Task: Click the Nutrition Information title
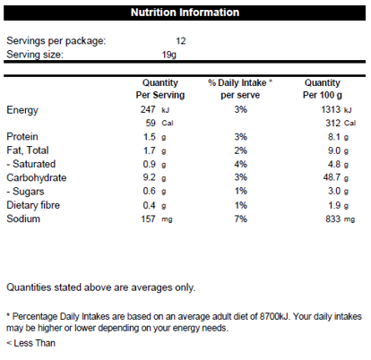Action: coord(185,13)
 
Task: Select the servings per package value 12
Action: coord(181,41)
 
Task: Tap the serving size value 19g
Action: coord(169,55)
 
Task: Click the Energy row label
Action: coord(22,110)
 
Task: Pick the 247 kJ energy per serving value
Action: coord(155,109)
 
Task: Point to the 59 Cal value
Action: coord(160,123)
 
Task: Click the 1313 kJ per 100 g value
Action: coord(336,109)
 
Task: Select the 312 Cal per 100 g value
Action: coord(341,123)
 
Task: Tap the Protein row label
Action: coord(22,137)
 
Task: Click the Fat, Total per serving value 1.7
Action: coord(150,150)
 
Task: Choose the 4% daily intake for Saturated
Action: coord(241,164)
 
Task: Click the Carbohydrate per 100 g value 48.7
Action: coord(332,177)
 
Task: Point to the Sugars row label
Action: coord(25,192)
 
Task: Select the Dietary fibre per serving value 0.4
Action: coord(150,205)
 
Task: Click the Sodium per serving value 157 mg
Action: coord(157,219)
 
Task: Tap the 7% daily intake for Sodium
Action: coord(241,219)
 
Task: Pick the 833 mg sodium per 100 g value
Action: coord(341,219)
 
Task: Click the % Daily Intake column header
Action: coord(240,89)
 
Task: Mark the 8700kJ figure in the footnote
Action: coord(274,316)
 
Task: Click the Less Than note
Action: coord(31,343)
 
